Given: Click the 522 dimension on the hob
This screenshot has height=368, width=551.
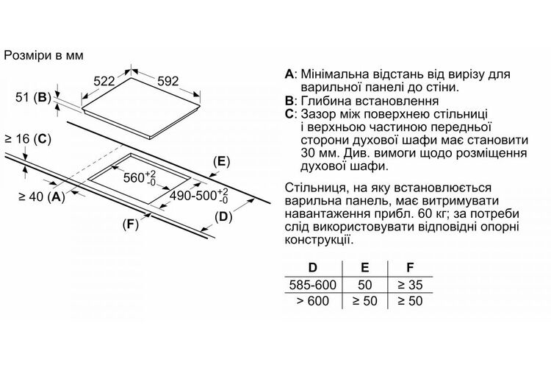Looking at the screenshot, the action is click(104, 82).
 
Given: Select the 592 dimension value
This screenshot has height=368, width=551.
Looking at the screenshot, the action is click(168, 82).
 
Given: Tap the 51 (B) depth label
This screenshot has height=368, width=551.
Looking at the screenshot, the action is click(33, 97).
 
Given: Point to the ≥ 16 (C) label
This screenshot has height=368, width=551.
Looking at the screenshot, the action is click(28, 139).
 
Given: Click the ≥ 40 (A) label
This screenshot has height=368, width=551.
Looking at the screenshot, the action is click(41, 197).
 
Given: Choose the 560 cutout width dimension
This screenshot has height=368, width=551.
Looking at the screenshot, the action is click(140, 177).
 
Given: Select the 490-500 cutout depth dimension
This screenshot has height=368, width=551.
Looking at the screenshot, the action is click(199, 196).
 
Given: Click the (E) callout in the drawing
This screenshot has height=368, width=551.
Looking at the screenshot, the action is click(221, 162).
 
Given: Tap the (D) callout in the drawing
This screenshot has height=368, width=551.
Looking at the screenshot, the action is click(223, 217).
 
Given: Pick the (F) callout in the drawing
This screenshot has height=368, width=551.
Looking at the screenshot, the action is click(130, 224).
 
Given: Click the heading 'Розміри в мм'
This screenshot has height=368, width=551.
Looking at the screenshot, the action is click(43, 56).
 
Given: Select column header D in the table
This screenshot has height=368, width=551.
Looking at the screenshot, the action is click(312, 268).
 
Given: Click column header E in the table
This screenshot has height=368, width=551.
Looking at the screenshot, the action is click(364, 268).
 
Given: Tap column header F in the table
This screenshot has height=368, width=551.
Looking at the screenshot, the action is click(410, 268).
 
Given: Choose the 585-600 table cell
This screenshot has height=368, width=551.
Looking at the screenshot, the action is click(313, 285).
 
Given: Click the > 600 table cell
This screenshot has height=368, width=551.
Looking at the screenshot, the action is click(313, 301).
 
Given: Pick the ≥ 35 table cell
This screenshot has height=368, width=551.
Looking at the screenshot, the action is click(410, 285).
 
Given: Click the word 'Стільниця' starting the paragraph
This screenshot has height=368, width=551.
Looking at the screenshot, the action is click(313, 188).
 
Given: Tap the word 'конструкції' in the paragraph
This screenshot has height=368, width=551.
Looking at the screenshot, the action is click(317, 240).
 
